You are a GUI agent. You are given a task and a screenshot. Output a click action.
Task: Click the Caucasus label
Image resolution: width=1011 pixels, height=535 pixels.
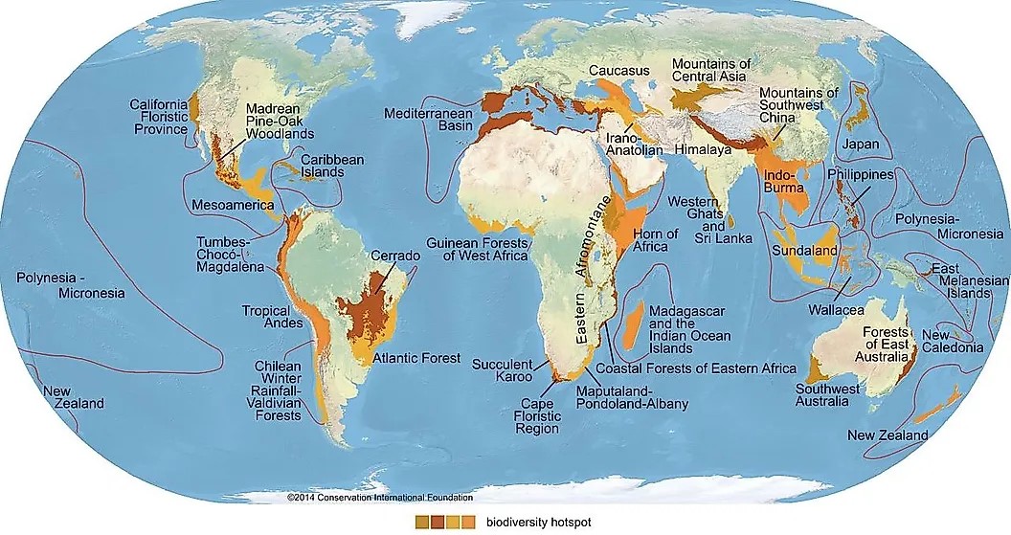pyautogui.click(x=619, y=71)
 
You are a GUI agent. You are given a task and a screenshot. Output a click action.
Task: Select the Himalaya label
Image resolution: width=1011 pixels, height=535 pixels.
pyautogui.click(x=703, y=150)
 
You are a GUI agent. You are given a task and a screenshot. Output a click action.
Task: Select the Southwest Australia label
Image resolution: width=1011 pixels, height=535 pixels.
pyautogui.click(x=821, y=395)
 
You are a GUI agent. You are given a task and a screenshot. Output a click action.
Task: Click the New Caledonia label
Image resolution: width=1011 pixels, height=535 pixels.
pyautogui.click(x=953, y=341)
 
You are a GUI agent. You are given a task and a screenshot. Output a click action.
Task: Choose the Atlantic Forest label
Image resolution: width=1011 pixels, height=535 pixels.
pyautogui.click(x=416, y=360)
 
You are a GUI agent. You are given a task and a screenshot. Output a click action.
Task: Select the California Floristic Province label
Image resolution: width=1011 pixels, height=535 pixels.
pyautogui.click(x=159, y=116)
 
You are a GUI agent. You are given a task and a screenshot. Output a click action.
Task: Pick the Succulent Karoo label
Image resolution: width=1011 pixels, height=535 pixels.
pyautogui.click(x=505, y=370)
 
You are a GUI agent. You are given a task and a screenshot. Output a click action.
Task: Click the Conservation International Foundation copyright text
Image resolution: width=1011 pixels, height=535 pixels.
pyautogui.click(x=379, y=498)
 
